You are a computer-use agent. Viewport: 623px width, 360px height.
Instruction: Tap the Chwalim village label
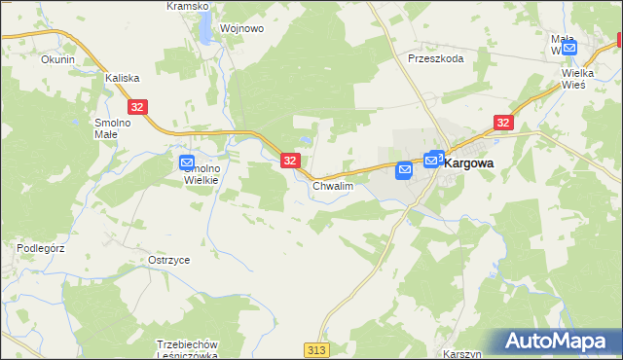pos(331,185)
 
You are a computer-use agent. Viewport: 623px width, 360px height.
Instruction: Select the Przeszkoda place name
pos(435,57)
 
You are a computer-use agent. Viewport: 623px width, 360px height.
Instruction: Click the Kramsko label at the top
pos(188,6)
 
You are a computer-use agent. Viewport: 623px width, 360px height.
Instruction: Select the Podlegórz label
pos(40,248)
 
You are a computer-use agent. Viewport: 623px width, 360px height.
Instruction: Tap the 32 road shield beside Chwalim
pos(290,161)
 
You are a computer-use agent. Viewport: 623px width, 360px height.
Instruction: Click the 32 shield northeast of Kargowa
pos(502,123)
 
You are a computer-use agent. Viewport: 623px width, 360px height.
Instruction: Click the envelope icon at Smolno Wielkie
pos(187,162)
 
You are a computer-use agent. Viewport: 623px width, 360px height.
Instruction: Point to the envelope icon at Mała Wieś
pos(569,47)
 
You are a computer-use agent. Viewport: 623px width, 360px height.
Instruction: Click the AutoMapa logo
pos(559,342)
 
